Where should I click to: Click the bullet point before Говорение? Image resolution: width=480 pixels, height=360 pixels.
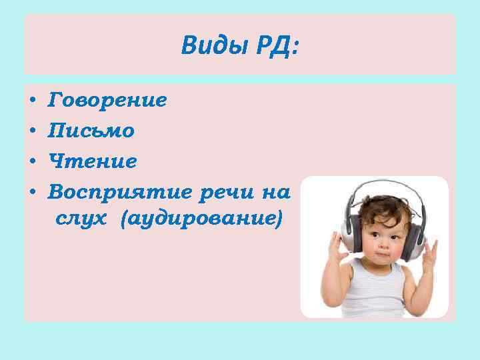point(33,102)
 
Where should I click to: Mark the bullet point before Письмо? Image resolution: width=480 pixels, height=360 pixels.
point(33,131)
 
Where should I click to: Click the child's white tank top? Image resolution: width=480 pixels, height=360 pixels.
point(377,293)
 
